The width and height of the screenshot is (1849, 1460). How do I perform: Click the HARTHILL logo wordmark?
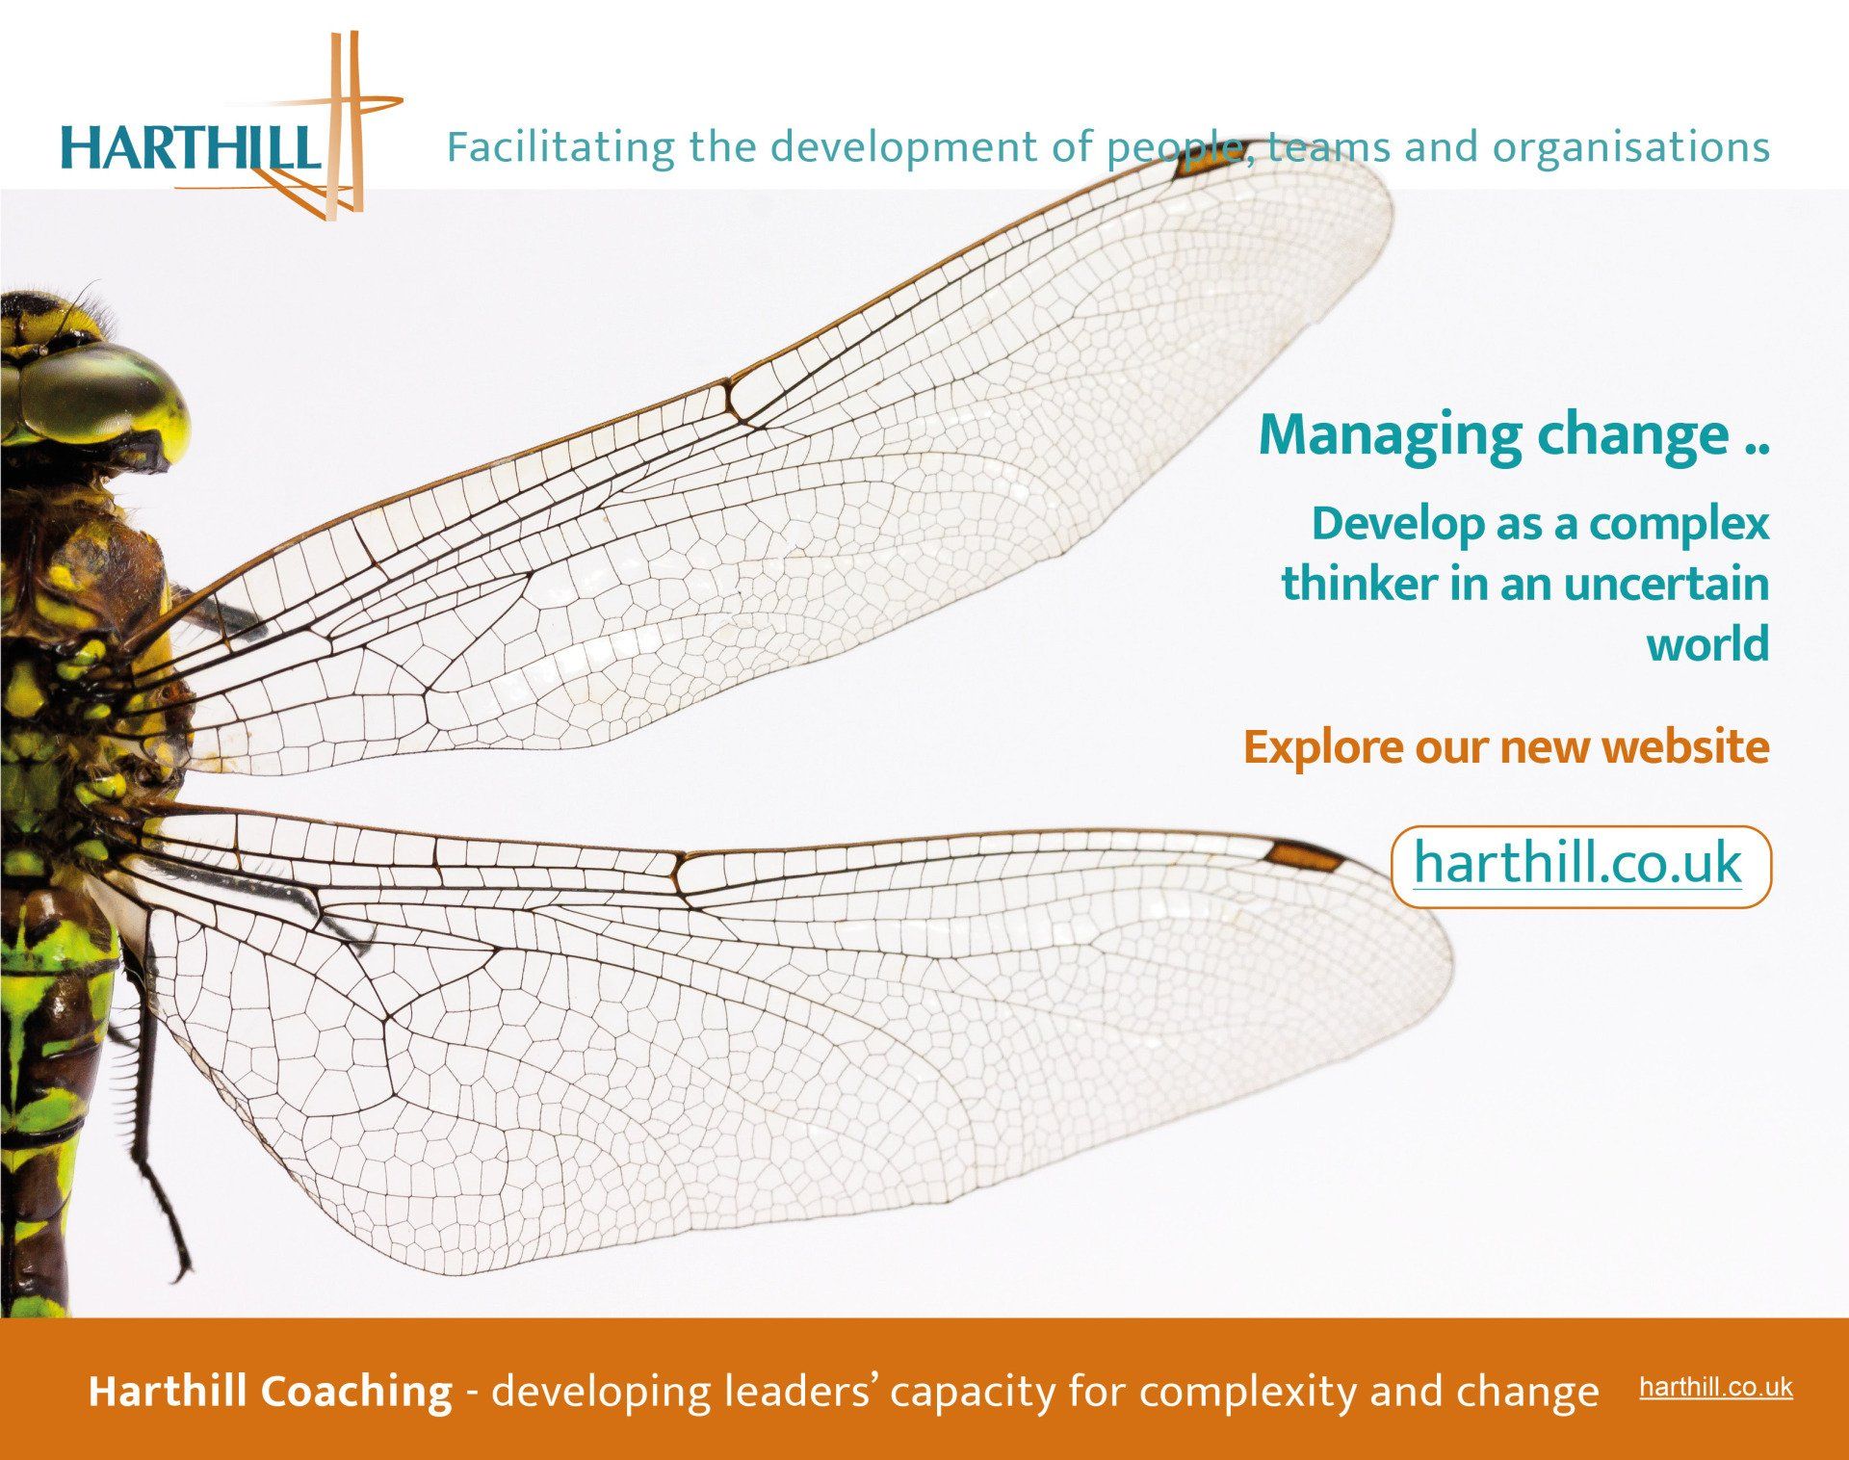(189, 147)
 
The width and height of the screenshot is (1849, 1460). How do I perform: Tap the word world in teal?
(1707, 643)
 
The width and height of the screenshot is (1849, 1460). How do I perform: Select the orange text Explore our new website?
(1506, 748)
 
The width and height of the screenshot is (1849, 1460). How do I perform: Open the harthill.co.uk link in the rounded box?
(1577, 862)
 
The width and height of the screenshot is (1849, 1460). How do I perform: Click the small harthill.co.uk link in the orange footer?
(1716, 1388)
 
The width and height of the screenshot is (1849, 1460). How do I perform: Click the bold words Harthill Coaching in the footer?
(270, 1392)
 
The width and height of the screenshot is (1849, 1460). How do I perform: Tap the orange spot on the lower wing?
(1303, 856)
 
